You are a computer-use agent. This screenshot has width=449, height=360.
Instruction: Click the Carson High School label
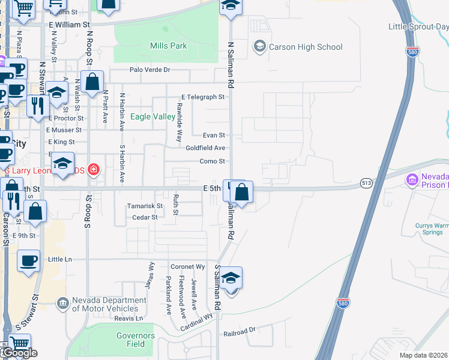coord(306,47)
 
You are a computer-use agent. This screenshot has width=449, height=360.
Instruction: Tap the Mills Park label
coord(168,46)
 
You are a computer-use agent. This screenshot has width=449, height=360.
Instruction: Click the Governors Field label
coord(136,340)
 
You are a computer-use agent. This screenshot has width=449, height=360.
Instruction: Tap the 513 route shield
coord(367,182)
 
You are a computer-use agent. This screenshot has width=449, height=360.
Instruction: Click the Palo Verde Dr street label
coord(150,70)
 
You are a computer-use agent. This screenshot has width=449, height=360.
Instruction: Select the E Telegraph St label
coord(203,97)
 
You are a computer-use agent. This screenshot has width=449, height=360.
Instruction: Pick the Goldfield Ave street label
coord(205,148)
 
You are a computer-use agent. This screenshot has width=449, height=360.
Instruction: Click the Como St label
coord(212,161)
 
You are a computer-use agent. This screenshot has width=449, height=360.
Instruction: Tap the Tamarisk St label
coord(145,206)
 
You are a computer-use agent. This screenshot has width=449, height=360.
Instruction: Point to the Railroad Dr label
coord(240,331)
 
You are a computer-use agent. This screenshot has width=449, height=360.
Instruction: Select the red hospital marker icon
coord(93,170)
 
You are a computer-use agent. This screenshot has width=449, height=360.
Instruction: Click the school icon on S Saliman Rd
coord(230,278)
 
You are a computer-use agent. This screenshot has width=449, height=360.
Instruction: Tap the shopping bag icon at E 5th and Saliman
coord(241,193)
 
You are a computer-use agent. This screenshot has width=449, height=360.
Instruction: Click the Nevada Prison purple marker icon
coord(412,179)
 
